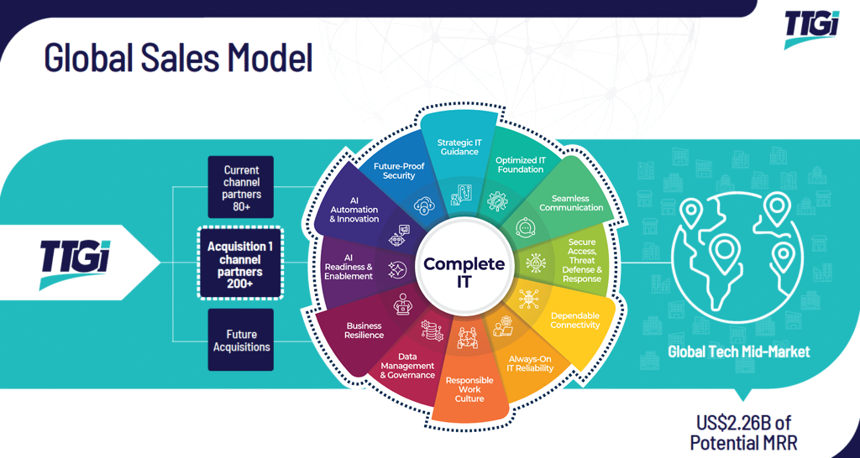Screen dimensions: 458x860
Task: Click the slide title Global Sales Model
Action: [x=178, y=58]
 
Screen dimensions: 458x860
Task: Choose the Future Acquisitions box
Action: [x=242, y=340]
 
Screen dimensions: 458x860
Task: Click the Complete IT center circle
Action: [x=464, y=273]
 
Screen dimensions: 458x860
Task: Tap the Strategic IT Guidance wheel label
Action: [x=459, y=147]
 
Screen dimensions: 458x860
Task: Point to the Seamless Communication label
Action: [x=571, y=203]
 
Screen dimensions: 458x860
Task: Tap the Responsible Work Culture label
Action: [x=469, y=389]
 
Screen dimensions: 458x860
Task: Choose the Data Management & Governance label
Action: [x=407, y=366]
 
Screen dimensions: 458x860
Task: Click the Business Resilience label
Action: [x=364, y=330]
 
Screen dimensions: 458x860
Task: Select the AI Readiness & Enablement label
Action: [x=347, y=266]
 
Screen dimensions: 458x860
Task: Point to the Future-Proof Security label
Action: [x=399, y=170]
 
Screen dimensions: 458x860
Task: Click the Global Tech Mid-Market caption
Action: [x=739, y=351]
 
